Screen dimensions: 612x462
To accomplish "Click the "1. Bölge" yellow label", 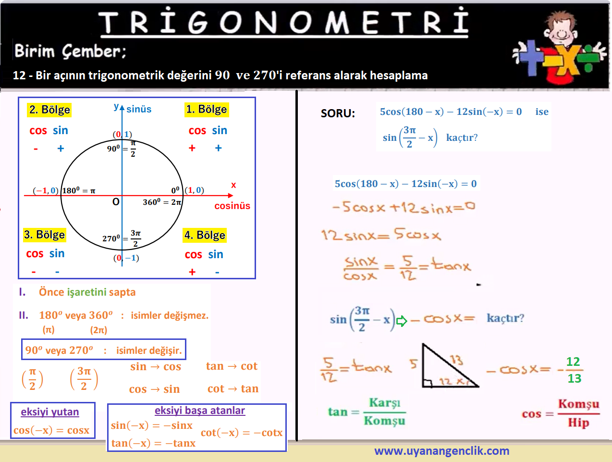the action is [207, 110].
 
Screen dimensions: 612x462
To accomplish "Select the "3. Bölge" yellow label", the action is [45, 235].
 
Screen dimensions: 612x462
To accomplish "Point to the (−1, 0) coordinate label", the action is [46, 190].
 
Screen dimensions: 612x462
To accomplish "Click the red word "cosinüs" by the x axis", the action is [232, 206].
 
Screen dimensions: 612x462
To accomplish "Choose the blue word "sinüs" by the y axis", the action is [139, 109].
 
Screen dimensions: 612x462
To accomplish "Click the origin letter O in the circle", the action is [116, 202].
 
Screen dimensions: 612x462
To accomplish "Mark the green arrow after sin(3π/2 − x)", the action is [402, 321].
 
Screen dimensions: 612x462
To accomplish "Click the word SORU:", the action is [338, 113].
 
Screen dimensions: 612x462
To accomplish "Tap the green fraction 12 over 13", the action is [573, 370].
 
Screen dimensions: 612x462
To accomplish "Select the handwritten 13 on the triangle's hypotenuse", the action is [456, 360].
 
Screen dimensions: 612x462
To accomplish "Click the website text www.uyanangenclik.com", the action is [442, 451].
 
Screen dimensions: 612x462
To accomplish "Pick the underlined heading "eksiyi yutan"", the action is [50, 412].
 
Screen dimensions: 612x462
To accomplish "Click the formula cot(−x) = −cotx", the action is [242, 433].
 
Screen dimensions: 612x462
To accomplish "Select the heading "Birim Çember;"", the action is [70, 51].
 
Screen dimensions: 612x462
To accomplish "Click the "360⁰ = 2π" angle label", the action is [162, 202].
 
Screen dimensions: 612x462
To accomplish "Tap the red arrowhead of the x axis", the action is [230, 196].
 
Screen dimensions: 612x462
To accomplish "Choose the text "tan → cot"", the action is [232, 366].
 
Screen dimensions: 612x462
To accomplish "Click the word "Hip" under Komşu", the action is [579, 423].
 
